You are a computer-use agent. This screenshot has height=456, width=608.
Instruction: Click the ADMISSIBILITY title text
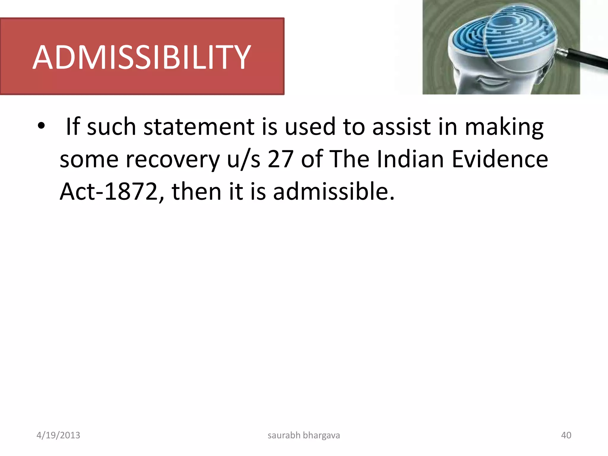(x=142, y=57)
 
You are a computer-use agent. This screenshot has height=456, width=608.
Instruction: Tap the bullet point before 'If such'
(x=41, y=126)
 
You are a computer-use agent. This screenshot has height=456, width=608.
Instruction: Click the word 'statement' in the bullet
(x=199, y=127)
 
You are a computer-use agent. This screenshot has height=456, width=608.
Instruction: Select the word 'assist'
(x=401, y=127)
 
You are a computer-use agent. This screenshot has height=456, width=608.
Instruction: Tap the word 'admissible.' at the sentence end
(x=334, y=191)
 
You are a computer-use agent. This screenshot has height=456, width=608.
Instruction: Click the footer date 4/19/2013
(x=58, y=435)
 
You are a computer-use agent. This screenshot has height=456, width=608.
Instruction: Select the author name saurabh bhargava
(x=304, y=435)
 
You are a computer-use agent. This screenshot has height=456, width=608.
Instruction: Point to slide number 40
(x=566, y=435)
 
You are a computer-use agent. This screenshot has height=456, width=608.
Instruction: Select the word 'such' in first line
(x=111, y=127)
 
